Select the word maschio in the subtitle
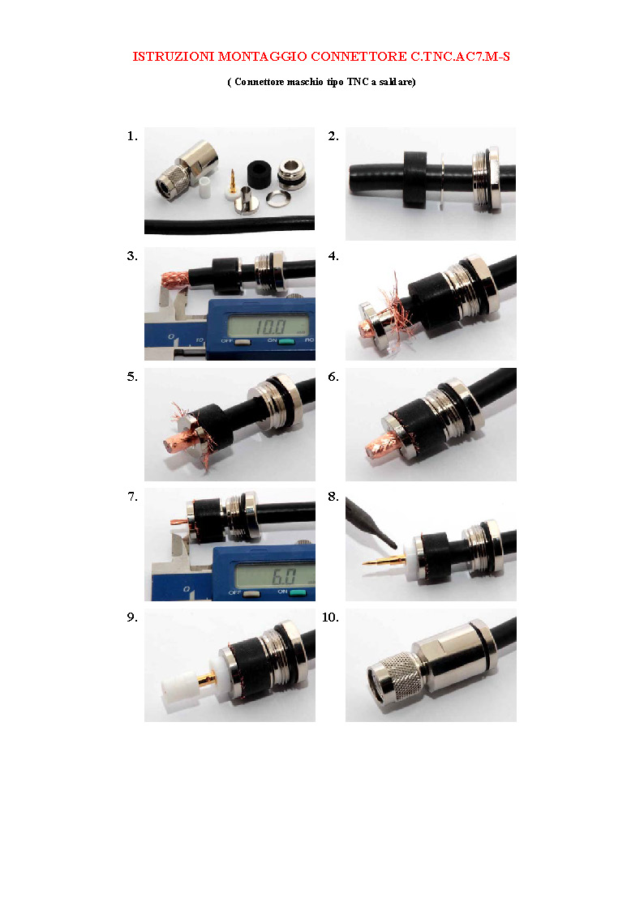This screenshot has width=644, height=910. pos(305,82)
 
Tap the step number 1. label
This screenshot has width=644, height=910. pos(132,136)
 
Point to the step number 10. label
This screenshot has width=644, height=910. pos(330,617)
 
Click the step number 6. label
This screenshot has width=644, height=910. pos(333,377)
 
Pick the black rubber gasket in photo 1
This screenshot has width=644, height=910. pos(260,173)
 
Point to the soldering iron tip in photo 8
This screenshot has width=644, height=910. pos(394,545)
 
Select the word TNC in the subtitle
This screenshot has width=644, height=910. pos(358,82)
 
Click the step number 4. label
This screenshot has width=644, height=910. pos(333,256)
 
